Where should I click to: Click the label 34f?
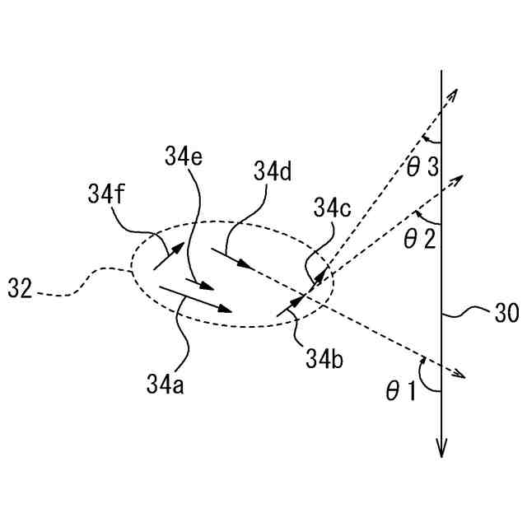(107, 196)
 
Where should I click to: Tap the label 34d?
(273, 171)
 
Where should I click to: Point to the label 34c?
(331, 209)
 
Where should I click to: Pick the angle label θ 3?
(421, 168)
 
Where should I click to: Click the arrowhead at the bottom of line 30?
(442, 449)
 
